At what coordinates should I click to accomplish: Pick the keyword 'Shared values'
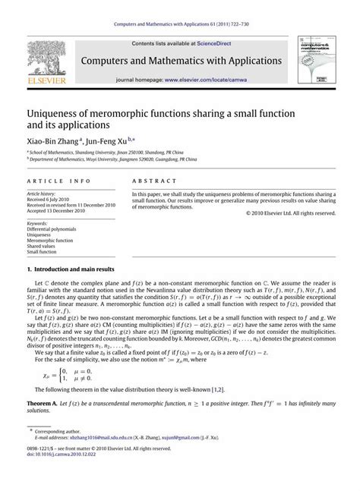tap(45, 247)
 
